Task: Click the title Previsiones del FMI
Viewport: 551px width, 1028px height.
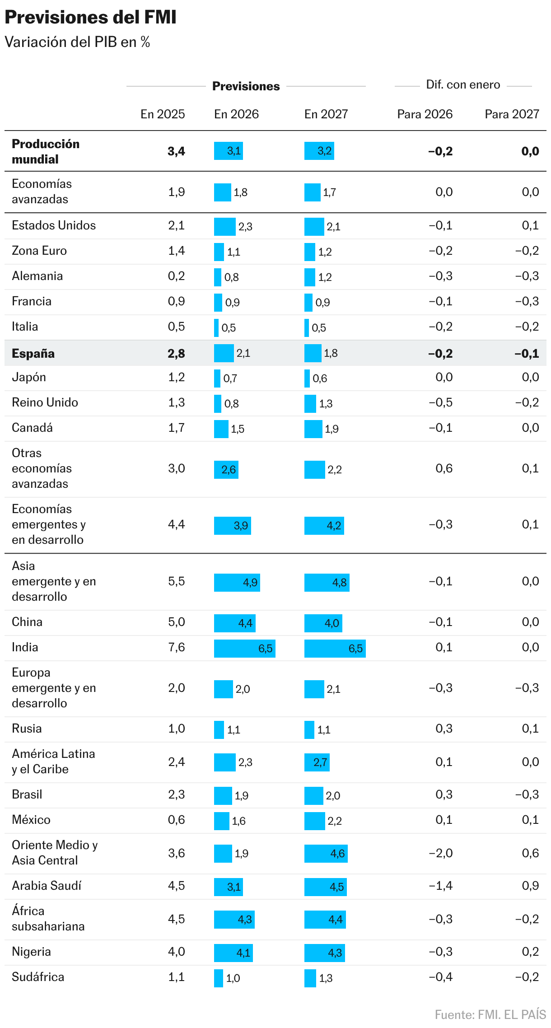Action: tap(90, 17)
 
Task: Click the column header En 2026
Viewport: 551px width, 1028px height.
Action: tap(236, 114)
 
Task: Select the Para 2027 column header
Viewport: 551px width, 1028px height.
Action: tap(512, 114)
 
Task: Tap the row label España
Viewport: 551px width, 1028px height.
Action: tap(33, 353)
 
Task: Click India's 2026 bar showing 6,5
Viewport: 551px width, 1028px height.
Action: tap(244, 648)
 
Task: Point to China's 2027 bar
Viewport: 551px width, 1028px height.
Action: tap(323, 623)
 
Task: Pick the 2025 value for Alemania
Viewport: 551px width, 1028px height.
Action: tap(176, 276)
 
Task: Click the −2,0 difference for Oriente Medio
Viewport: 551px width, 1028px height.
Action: tap(440, 853)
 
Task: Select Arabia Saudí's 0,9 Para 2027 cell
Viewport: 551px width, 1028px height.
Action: tap(530, 886)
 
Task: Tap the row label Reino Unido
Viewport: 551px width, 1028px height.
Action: tap(45, 402)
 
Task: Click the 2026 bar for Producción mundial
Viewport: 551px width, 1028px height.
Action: tap(229, 150)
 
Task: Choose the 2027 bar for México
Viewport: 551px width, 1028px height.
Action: tap(314, 821)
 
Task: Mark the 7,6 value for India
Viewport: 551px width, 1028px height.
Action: tap(176, 647)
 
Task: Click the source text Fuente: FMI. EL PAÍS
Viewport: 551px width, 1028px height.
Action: tap(490, 1014)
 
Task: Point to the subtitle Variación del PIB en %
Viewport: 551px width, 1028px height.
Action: tap(77, 42)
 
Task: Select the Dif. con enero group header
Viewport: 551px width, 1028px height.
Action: tap(463, 84)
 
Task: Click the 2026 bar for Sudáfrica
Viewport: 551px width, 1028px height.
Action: tap(219, 978)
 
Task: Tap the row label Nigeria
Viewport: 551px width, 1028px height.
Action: tap(31, 952)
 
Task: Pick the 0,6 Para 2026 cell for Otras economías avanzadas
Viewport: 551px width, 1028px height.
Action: tap(444, 468)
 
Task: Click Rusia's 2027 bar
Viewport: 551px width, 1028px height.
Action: tap(309, 729)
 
